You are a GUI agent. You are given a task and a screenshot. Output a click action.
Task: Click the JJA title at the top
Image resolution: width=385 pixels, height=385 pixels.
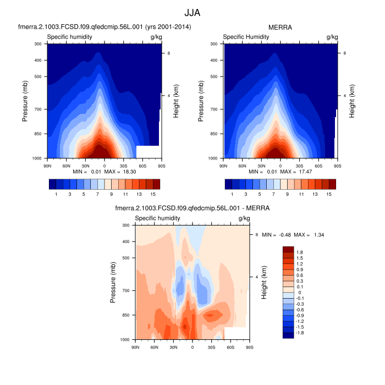193,12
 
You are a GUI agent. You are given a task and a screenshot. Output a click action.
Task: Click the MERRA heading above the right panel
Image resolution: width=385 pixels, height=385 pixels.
280,26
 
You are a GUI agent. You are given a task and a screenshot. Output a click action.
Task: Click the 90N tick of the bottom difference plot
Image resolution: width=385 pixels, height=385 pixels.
135,346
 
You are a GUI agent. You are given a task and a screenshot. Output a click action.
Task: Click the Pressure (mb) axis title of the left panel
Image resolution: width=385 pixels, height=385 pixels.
26,101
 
